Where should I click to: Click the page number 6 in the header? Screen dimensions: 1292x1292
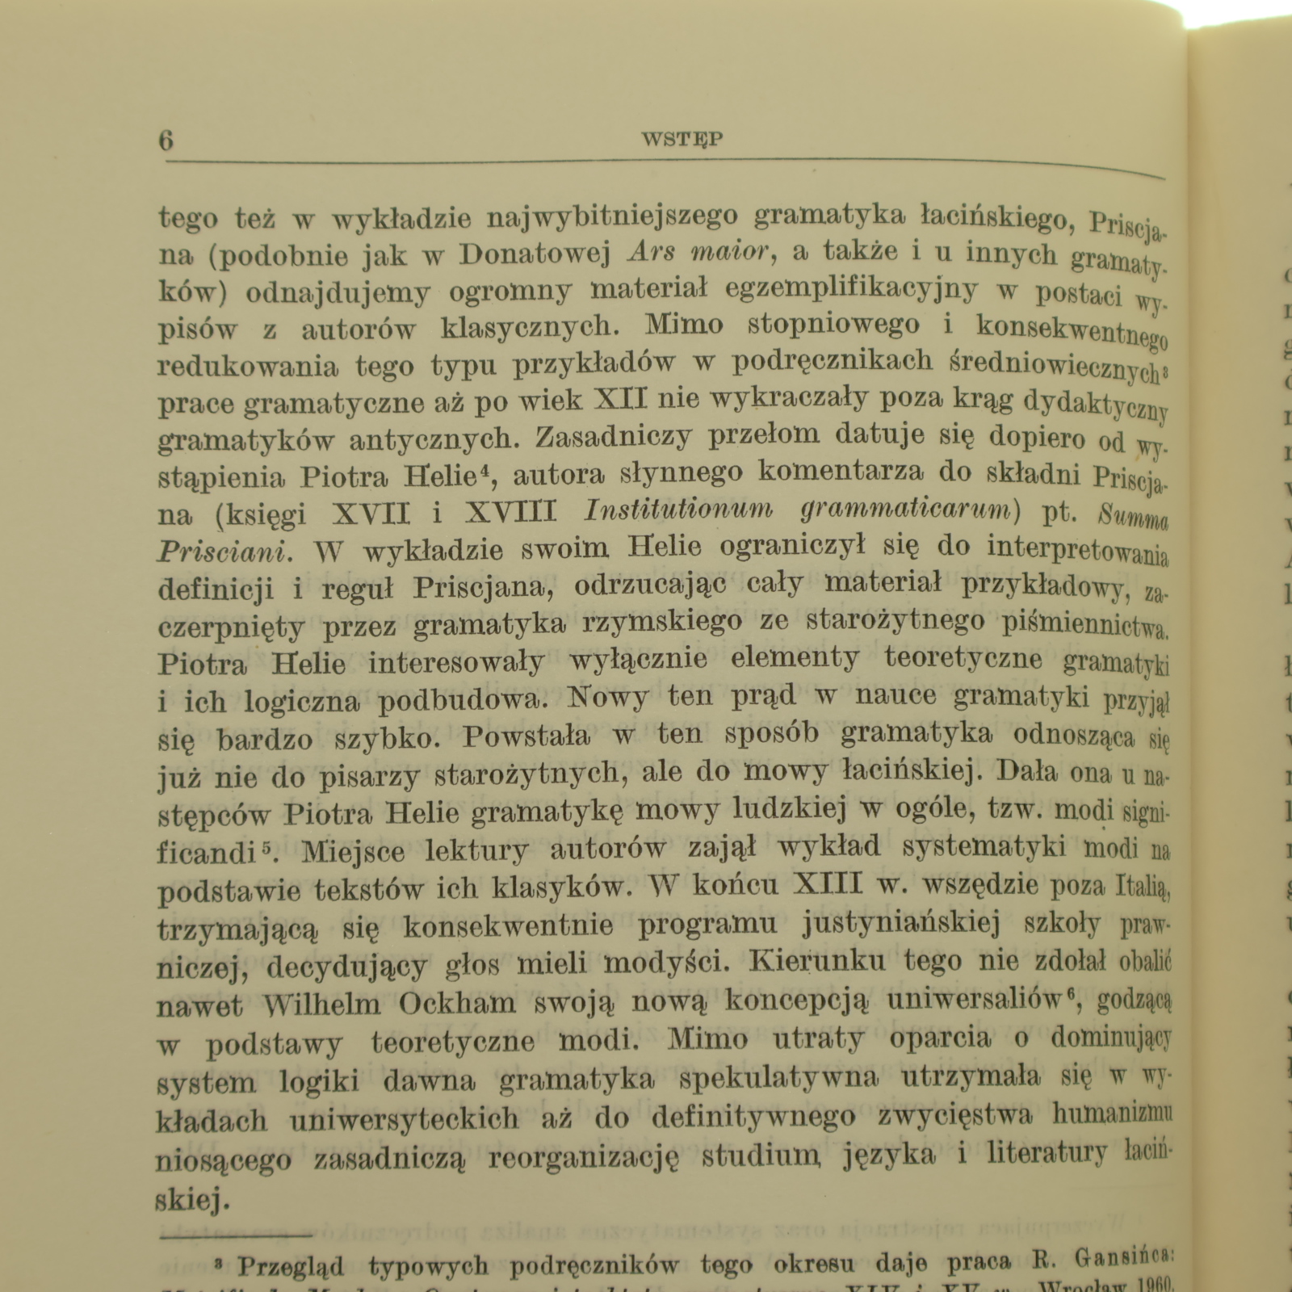tap(166, 140)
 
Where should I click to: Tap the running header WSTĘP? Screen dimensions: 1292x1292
tap(682, 139)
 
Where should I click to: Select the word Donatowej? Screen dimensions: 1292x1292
tap(534, 254)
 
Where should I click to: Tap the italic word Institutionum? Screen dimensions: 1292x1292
tap(678, 510)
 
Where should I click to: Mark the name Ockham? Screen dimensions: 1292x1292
tap(457, 1003)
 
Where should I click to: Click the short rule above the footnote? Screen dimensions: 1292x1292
tap(236, 1235)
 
